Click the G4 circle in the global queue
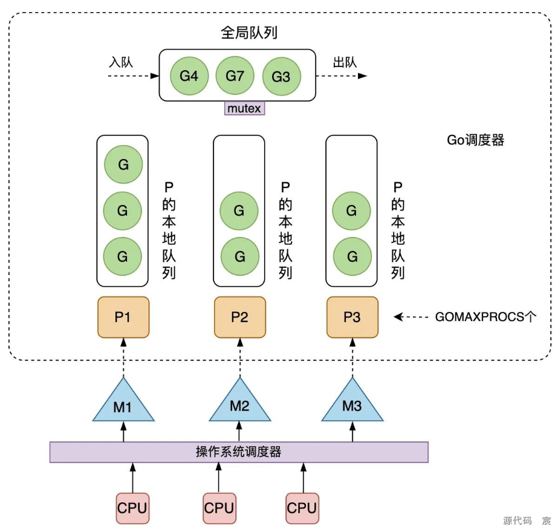point(189,76)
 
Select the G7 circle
point(235,76)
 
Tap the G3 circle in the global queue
point(281,77)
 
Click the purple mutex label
point(244,109)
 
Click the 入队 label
point(121,62)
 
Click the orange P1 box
point(123,317)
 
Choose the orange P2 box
point(239,317)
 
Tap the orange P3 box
point(352,317)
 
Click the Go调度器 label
point(475,140)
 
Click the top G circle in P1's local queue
point(123,164)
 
